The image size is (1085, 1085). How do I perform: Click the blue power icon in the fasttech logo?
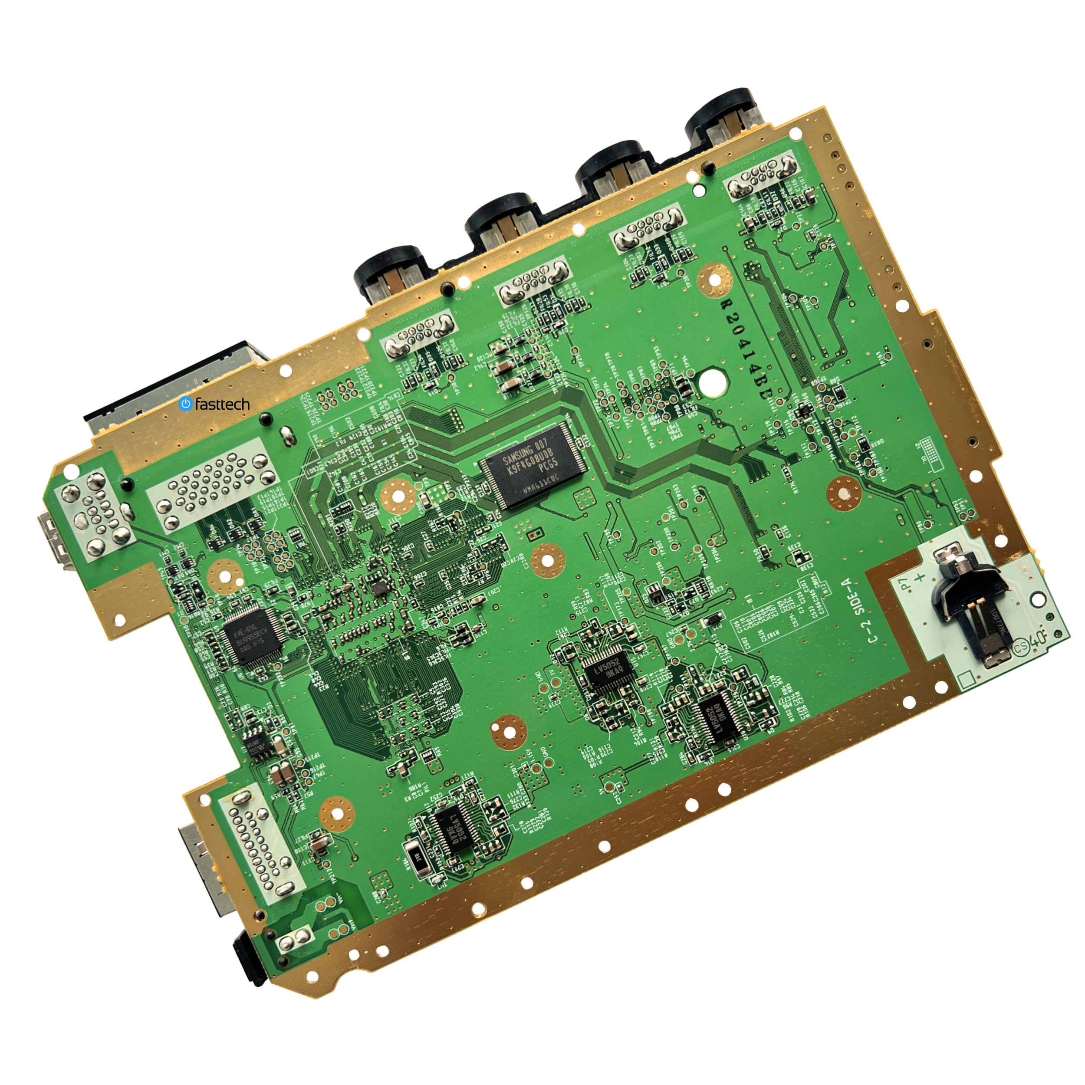[185, 403]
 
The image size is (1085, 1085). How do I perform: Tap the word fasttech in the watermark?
[222, 404]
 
